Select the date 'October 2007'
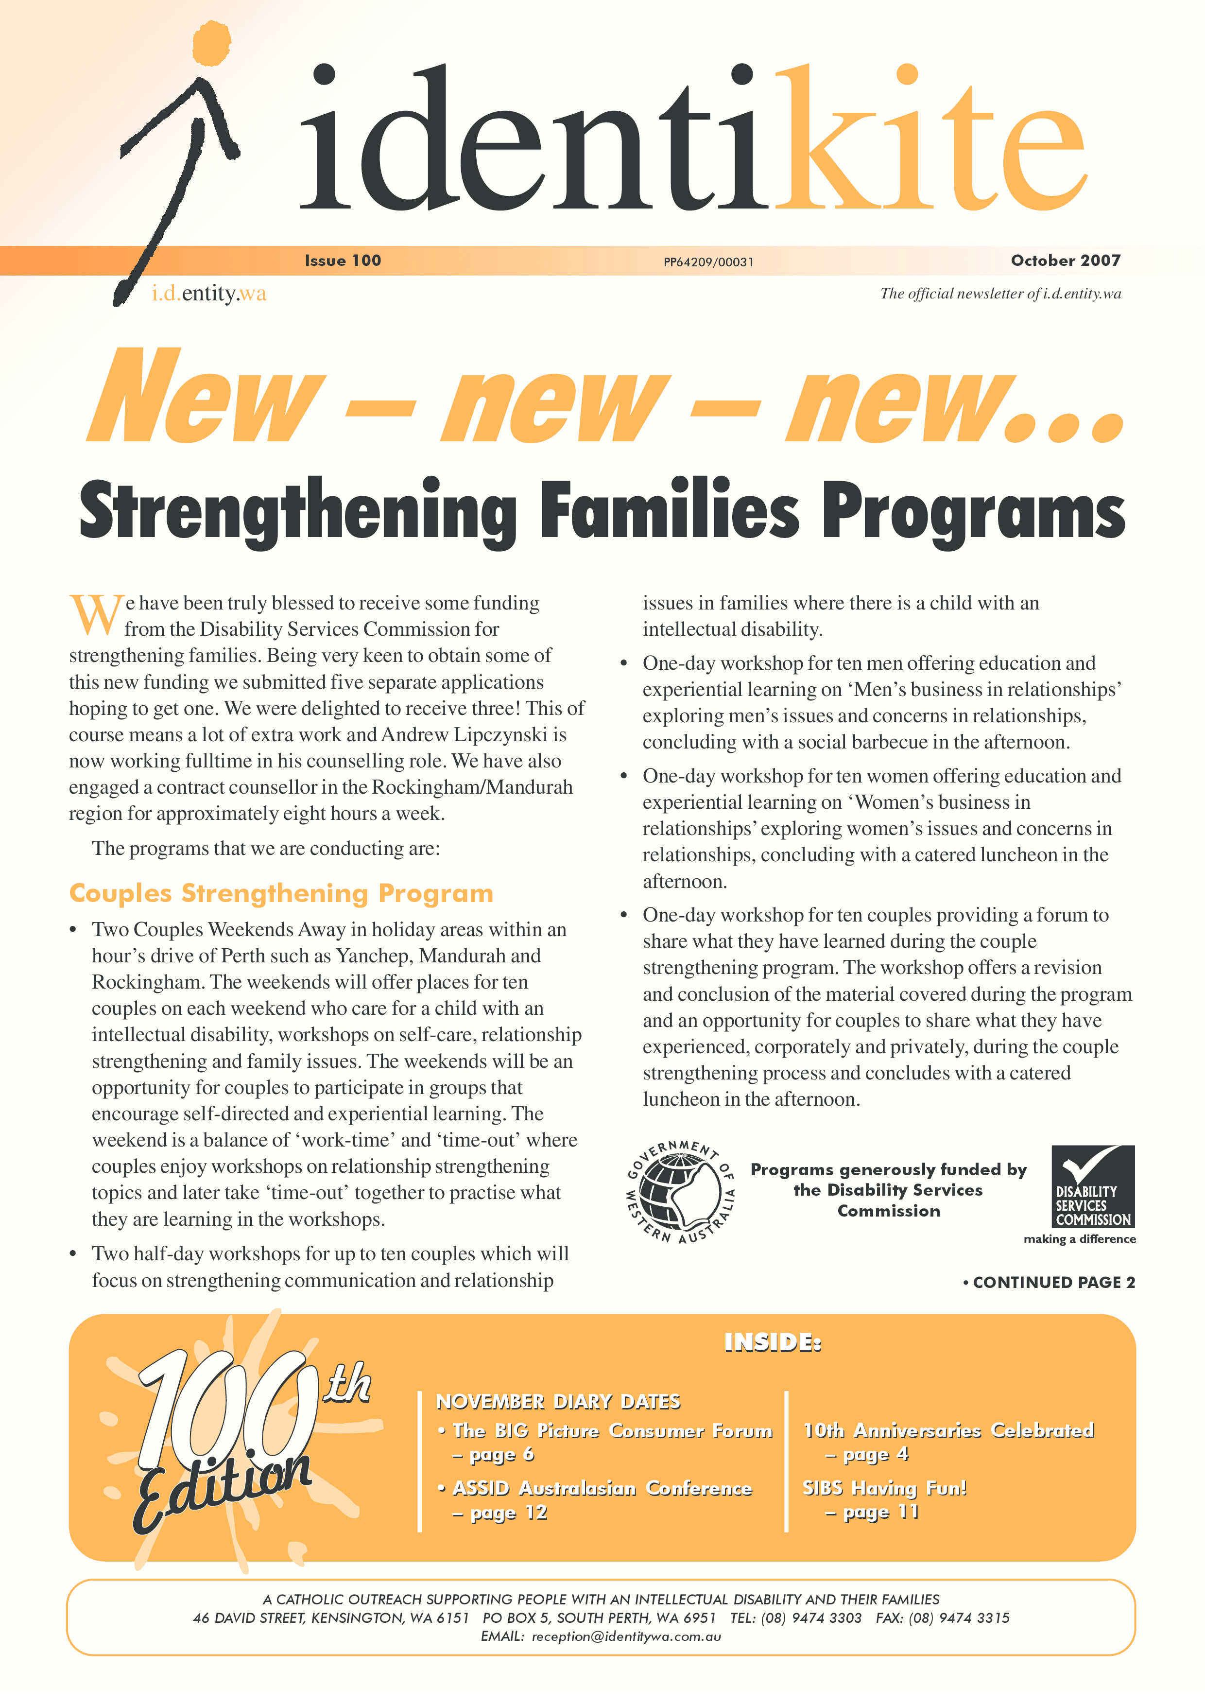(x=1066, y=261)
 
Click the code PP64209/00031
(x=708, y=262)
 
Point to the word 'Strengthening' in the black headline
(x=297, y=512)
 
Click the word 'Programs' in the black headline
(x=973, y=512)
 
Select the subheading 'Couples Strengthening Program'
(x=281, y=893)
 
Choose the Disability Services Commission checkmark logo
(x=1093, y=1187)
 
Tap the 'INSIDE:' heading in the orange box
(x=772, y=1342)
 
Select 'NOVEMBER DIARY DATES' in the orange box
(x=558, y=1401)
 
